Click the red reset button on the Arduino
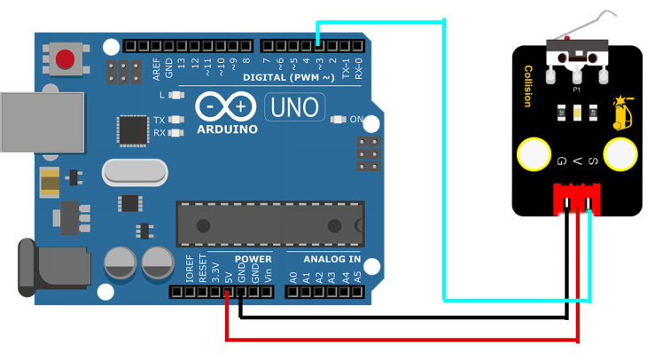pyautogui.click(x=65, y=60)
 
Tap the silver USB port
pyautogui.click(x=41, y=121)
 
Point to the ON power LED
pyautogui.click(x=336, y=119)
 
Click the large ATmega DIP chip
pyautogui.click(x=269, y=224)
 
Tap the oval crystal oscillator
pyautogui.click(x=134, y=172)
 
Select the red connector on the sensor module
pyautogui.click(x=576, y=199)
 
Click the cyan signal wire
pyautogui.click(x=443, y=160)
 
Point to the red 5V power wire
pyautogui.click(x=399, y=339)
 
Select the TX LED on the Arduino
pyautogui.click(x=176, y=120)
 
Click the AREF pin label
pyautogui.click(x=157, y=67)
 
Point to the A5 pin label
pyautogui.click(x=356, y=276)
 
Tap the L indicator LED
pyautogui.click(x=176, y=95)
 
